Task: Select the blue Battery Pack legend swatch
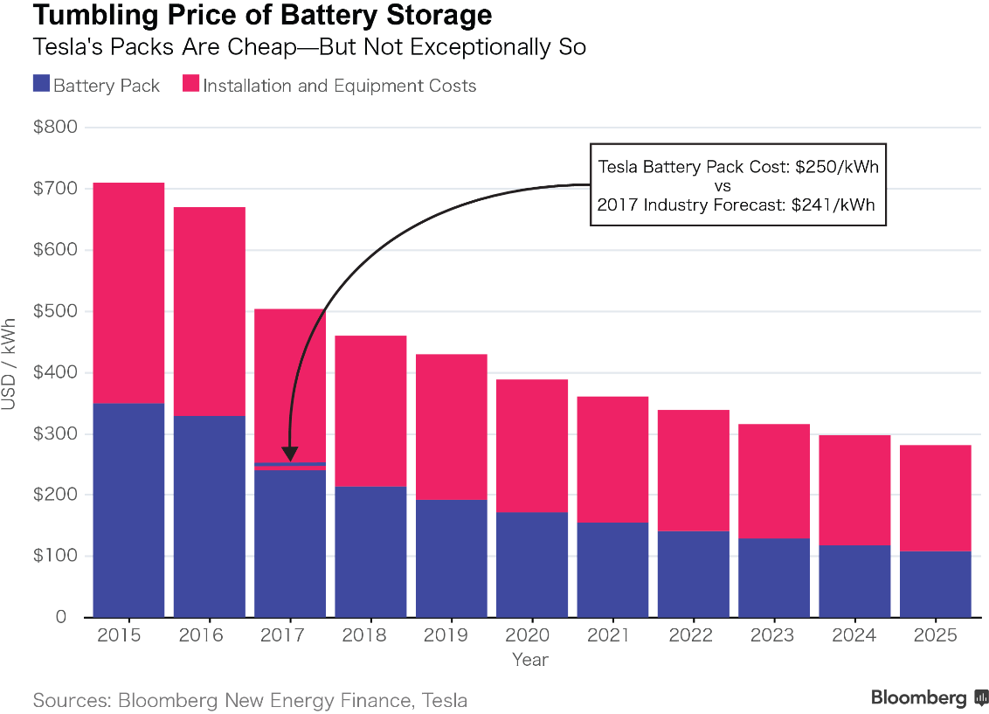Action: coord(41,85)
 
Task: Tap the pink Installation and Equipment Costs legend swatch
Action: coord(190,85)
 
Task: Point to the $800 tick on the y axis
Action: coord(54,128)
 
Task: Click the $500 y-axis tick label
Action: coord(54,311)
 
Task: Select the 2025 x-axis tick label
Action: coord(935,635)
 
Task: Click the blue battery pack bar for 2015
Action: coord(128,510)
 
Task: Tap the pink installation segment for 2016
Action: coord(209,310)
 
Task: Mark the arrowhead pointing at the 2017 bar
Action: coord(291,454)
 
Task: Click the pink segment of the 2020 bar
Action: coord(531,446)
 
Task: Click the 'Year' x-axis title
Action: coord(530,660)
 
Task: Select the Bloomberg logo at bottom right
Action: coord(929,697)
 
